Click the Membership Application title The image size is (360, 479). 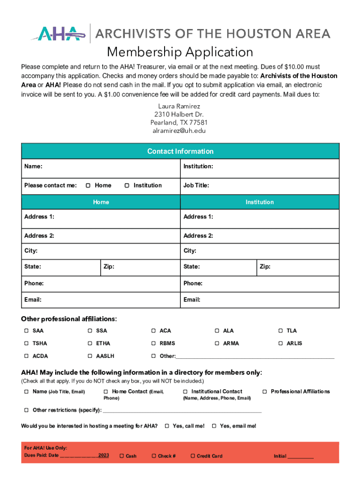[x=180, y=51]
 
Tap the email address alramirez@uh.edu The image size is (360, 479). [x=180, y=131]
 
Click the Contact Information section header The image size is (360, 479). [x=180, y=151]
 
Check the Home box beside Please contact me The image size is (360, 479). [x=88, y=186]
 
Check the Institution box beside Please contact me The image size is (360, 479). [x=127, y=186]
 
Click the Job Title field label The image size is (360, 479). [x=196, y=186]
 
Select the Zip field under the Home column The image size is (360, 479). [x=140, y=267]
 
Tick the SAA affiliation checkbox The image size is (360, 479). [x=26, y=331]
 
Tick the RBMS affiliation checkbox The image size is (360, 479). [x=153, y=343]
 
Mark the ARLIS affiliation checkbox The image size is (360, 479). [x=281, y=343]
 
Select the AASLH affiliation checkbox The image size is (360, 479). [x=90, y=356]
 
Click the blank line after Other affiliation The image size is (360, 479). [x=255, y=356]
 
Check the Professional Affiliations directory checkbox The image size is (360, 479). [x=265, y=392]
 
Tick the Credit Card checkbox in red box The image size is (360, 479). [x=192, y=456]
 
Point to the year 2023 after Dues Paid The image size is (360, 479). [x=103, y=455]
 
